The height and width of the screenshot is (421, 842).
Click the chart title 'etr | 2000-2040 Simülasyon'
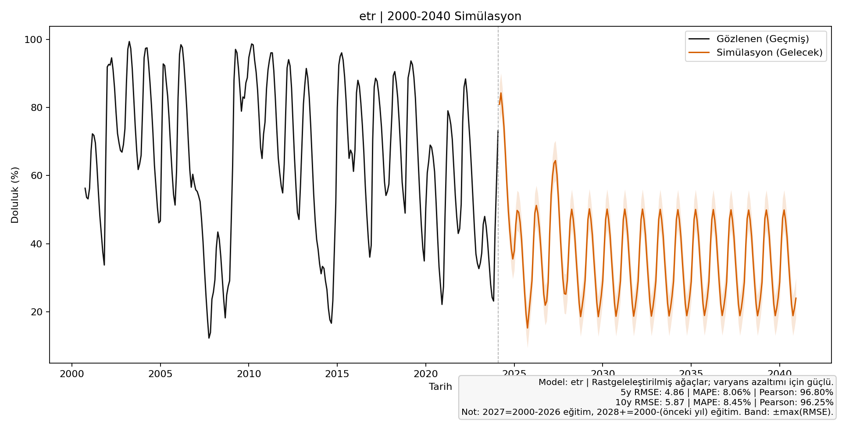point(440,17)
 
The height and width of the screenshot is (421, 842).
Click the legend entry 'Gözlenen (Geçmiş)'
point(763,39)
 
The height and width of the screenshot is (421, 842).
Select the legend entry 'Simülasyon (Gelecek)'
point(769,53)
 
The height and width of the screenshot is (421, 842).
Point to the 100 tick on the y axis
point(33,40)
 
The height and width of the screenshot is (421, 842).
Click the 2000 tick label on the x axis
point(72,374)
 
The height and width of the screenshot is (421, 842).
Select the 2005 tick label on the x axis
point(160,374)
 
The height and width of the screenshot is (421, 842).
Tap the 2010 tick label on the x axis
point(249,374)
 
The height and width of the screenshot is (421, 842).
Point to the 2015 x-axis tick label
point(337,374)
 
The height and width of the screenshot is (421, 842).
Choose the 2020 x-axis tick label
point(425,374)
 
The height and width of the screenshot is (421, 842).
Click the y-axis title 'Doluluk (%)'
point(15,195)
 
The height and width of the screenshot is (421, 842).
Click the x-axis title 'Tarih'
point(440,387)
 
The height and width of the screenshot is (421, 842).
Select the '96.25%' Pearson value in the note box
point(817,403)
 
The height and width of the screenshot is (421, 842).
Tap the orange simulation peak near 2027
point(555,161)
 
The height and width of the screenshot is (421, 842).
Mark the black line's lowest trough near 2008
point(209,338)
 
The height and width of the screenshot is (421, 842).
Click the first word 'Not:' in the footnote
point(471,413)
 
